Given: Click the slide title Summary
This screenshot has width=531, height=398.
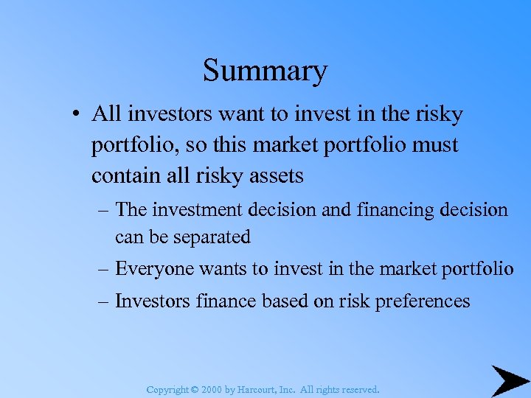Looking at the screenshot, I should (265, 71).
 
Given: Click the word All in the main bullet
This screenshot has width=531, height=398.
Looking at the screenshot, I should (105, 114).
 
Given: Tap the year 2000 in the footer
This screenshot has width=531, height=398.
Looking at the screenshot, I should (212, 389).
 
